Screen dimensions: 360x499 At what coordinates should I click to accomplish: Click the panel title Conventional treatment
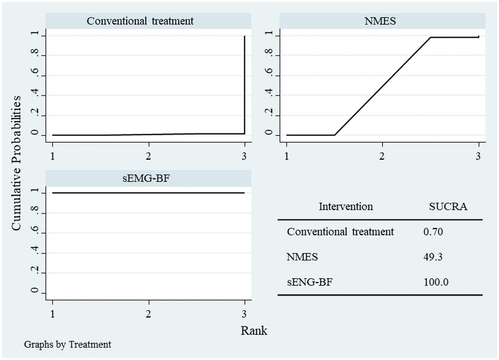coord(140,21)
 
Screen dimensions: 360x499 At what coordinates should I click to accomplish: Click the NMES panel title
coord(380,21)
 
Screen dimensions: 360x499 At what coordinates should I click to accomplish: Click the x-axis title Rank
coord(254,331)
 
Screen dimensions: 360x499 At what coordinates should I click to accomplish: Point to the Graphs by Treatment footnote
coord(68,344)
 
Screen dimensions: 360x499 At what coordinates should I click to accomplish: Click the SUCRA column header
coord(448,207)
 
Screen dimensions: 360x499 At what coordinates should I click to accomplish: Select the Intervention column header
coord(346,207)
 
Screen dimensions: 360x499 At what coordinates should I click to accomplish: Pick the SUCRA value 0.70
coord(433,232)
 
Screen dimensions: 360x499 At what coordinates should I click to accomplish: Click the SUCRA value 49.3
coord(433,257)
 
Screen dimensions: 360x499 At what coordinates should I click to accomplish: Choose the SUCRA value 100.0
coord(436,282)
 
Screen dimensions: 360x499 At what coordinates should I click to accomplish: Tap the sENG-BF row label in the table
coord(309,282)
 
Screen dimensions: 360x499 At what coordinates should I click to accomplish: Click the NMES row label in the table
coord(302,257)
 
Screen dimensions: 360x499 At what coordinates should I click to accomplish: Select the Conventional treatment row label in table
coord(340,232)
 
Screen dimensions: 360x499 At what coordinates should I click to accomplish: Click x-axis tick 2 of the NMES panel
coord(382,156)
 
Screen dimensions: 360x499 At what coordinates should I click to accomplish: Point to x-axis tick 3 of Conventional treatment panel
coord(244,156)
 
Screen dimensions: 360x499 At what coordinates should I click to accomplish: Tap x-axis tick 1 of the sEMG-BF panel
coord(53,314)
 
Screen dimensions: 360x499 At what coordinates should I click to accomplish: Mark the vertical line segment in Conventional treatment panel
coord(244,84)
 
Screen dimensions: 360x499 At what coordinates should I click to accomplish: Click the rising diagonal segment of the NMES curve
coord(383,86)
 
